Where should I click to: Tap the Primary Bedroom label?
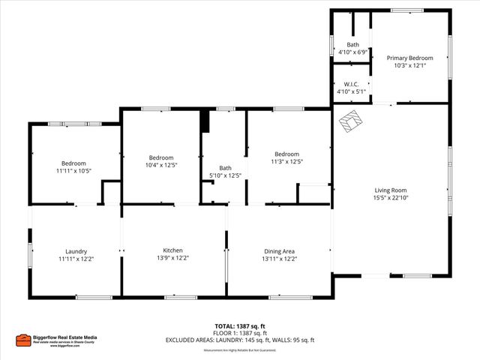point(409,58)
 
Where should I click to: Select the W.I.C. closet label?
point(351,84)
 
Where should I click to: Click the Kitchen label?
point(173,250)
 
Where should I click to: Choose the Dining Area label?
point(279,251)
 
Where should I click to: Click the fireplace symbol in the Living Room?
point(351,121)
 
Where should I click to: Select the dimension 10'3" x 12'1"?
point(409,66)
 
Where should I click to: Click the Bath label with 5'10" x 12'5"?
point(225,168)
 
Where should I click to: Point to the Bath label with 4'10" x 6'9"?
point(352,45)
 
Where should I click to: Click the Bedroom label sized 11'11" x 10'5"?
point(73,163)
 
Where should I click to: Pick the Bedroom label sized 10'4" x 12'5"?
point(161,157)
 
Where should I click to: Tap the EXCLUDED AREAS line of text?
point(240,340)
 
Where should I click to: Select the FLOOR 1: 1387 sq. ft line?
point(240,333)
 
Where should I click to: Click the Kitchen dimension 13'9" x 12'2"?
point(173,259)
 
